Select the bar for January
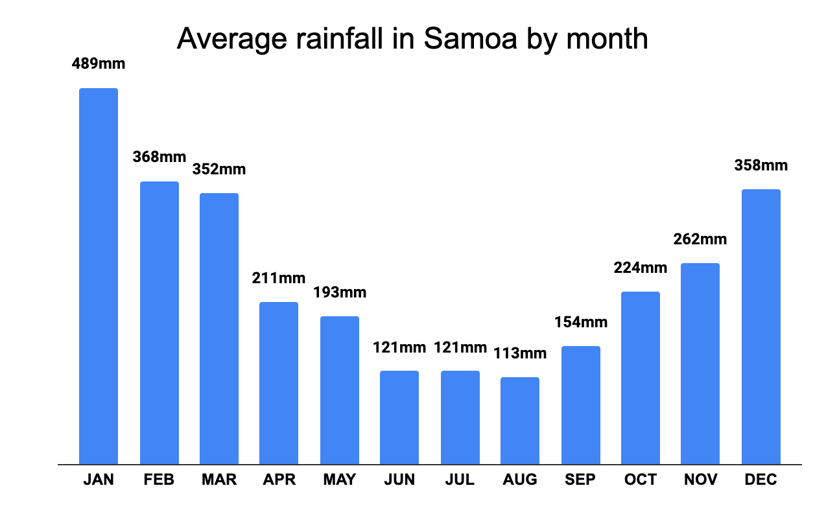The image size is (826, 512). (x=99, y=276)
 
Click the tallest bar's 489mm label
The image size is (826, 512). (x=99, y=64)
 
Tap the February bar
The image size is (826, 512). (x=159, y=323)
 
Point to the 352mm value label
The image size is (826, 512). (x=219, y=169)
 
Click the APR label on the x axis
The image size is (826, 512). (x=279, y=480)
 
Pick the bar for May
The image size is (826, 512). (x=340, y=390)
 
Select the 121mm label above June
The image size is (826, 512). (x=399, y=347)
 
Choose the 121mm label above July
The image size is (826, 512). (x=460, y=347)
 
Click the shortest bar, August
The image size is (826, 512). (x=520, y=421)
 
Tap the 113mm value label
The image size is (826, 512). (x=520, y=353)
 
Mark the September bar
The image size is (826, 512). (x=581, y=405)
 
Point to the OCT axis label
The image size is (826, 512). (x=641, y=480)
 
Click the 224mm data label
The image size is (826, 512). (x=641, y=268)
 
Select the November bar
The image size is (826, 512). (x=700, y=364)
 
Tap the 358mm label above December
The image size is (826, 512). (x=761, y=165)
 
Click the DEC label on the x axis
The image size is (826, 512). (x=761, y=480)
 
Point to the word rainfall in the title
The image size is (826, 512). (x=348, y=39)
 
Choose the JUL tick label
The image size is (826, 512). (x=460, y=480)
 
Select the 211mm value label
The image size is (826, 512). (x=279, y=278)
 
